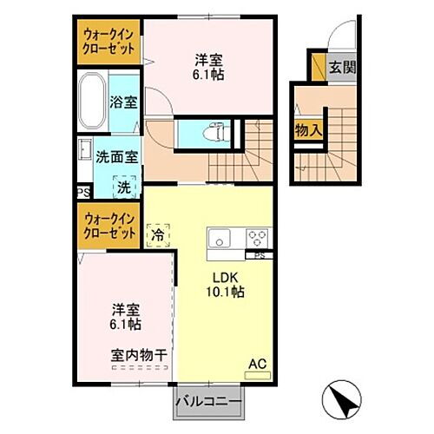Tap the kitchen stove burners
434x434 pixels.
[258, 235]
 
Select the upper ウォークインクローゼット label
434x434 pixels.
[108, 41]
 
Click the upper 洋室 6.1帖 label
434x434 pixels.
[207, 66]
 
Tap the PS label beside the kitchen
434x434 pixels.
[259, 256]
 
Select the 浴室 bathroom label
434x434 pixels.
[123, 102]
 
